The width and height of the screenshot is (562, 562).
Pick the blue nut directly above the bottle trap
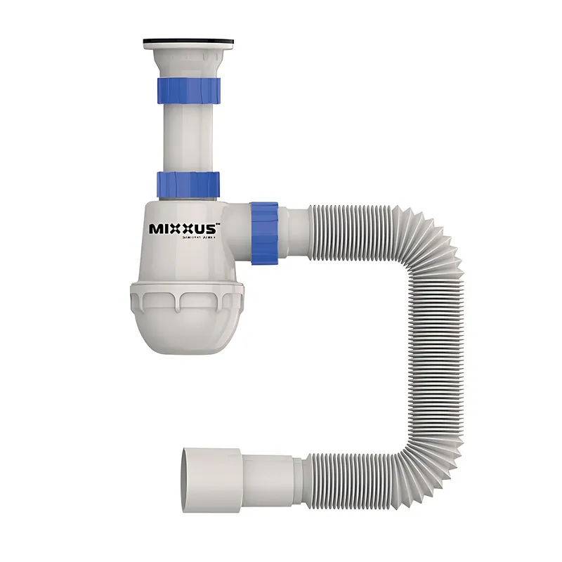click(188, 184)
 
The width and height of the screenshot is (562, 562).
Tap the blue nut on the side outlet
click(265, 233)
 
